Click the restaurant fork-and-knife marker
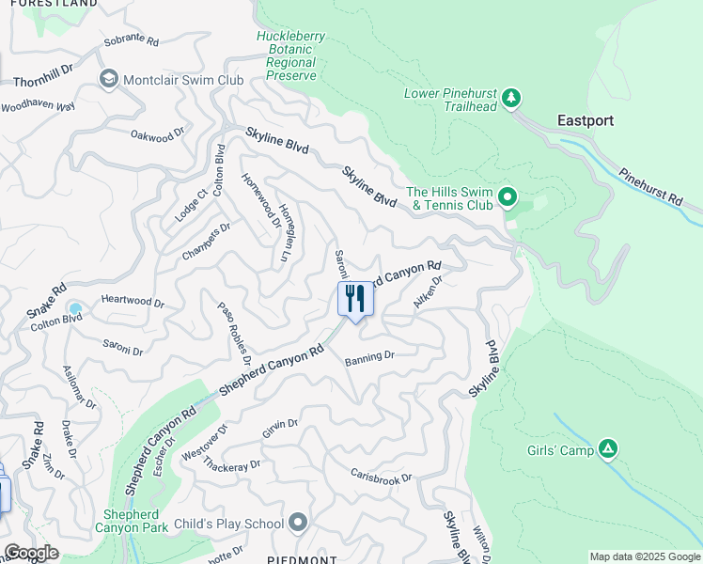click(355, 299)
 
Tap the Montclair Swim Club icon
click(108, 79)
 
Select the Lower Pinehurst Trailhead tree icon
click(511, 97)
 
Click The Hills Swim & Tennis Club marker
click(508, 197)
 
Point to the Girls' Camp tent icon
click(608, 450)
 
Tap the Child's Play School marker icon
click(299, 523)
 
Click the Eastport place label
click(585, 120)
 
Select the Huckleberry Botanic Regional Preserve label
click(290, 55)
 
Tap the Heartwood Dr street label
click(133, 304)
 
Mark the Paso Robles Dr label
click(234, 334)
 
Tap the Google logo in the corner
click(30, 553)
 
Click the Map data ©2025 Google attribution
click(645, 556)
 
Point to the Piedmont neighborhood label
click(302, 559)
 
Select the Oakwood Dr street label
click(158, 137)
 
